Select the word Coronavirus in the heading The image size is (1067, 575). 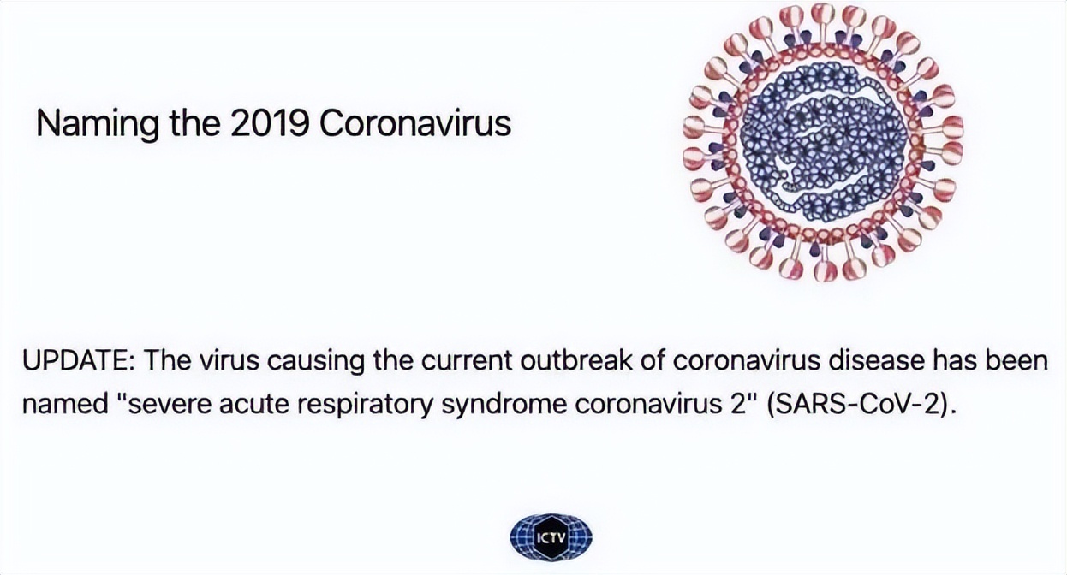(x=414, y=123)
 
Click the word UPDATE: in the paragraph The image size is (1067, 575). (x=79, y=361)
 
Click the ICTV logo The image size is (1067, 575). (x=551, y=539)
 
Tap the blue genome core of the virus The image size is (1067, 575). (x=823, y=143)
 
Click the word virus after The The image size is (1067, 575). (x=229, y=361)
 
